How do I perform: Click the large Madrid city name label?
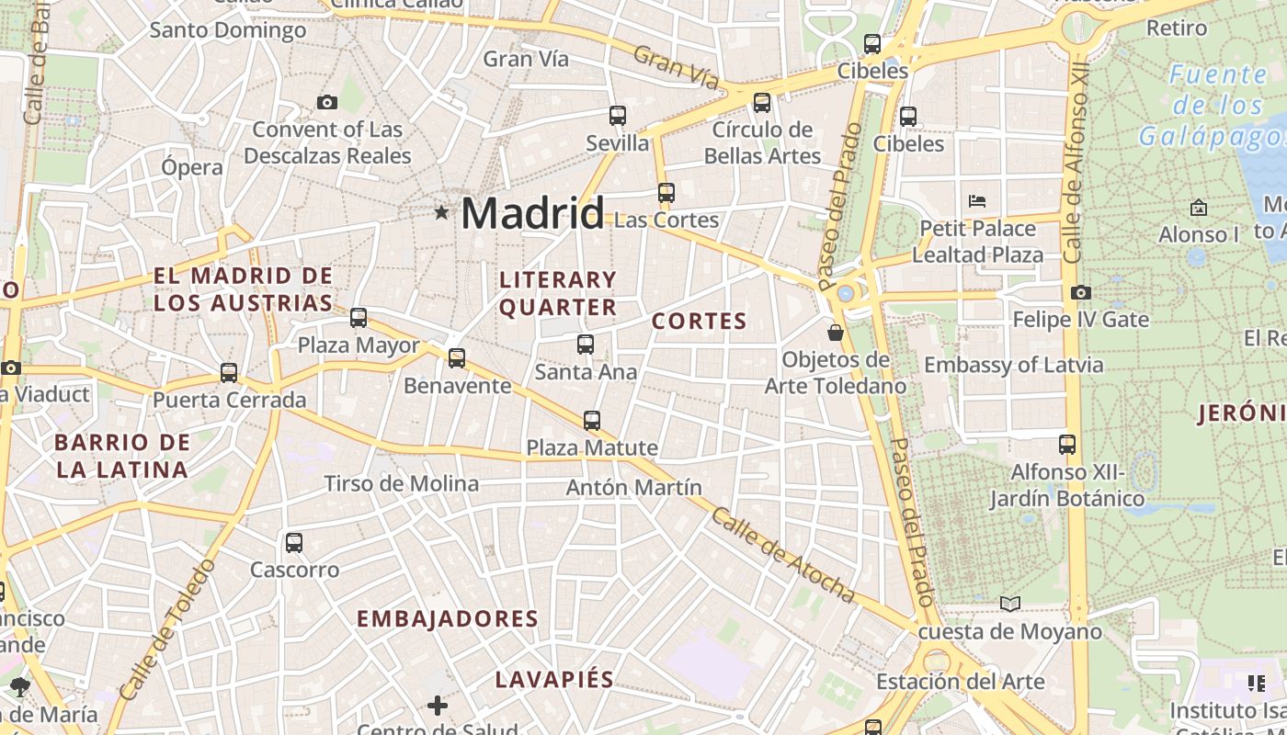point(532,213)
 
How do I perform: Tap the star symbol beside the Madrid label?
point(441,213)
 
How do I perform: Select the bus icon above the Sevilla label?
point(618,116)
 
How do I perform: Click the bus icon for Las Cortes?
point(666,193)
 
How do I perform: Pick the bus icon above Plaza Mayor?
point(359,318)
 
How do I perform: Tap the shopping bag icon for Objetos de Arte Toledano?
point(836,332)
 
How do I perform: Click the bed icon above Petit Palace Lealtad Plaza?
point(977,200)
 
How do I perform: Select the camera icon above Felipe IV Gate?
point(1081,292)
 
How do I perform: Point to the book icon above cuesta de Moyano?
point(1010,604)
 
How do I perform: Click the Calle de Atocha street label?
point(782,555)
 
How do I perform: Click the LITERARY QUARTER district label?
point(558,293)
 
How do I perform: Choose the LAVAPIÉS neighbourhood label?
point(554,680)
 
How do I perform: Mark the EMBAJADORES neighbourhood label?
point(448,618)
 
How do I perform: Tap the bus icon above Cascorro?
point(294,542)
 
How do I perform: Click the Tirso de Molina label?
point(401,483)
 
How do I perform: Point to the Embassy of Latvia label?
point(1013,365)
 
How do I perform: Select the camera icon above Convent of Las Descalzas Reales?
point(326,102)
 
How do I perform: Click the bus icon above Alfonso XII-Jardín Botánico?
point(1067,445)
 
